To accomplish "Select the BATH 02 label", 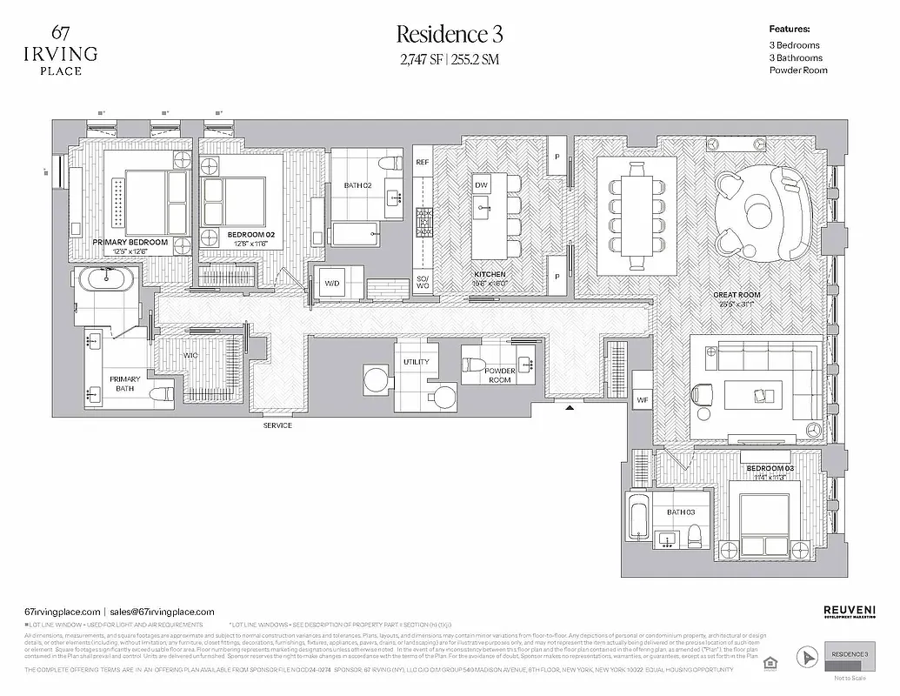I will [x=357, y=185].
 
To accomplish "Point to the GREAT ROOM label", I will [x=737, y=296].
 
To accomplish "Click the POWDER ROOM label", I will [x=499, y=376].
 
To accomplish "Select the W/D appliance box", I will [x=332, y=284].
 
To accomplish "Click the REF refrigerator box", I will [x=423, y=163].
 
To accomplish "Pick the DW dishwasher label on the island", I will [x=481, y=185].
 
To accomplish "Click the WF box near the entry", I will [x=642, y=400].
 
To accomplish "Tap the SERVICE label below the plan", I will [x=278, y=425].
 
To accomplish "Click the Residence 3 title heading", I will [x=450, y=35].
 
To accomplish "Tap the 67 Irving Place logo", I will [x=61, y=50].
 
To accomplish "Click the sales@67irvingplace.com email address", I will [x=162, y=612].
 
